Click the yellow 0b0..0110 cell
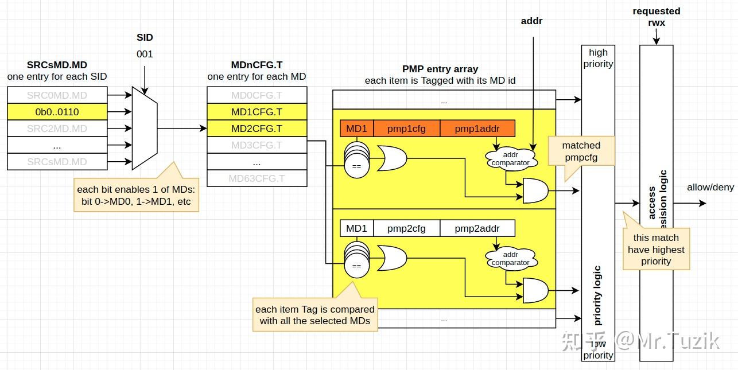click(57, 112)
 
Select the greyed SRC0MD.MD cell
click(57, 95)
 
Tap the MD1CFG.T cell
click(257, 112)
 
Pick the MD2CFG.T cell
click(257, 128)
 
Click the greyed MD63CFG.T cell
click(257, 178)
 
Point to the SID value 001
click(145, 54)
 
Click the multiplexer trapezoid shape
click(145, 128)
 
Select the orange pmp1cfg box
click(406, 128)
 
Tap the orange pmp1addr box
click(477, 128)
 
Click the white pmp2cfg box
click(406, 228)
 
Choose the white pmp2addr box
click(477, 228)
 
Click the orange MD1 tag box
click(356, 128)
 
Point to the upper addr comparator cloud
click(510, 159)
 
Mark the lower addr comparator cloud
click(510, 259)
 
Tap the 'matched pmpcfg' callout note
click(581, 151)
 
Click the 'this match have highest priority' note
click(656, 250)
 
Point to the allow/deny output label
click(710, 188)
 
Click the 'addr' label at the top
click(531, 21)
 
